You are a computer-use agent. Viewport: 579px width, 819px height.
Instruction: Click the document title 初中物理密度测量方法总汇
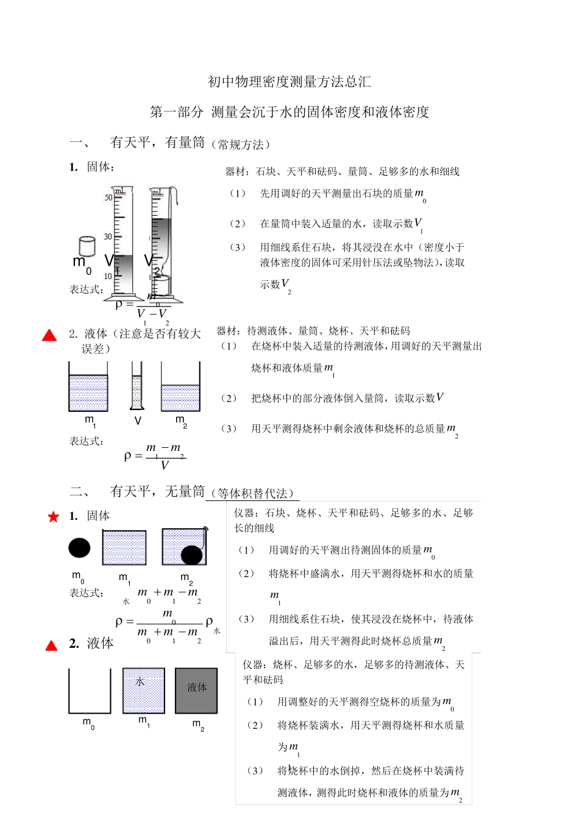pyautogui.click(x=289, y=82)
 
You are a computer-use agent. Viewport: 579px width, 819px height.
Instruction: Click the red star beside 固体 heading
pyautogui.click(x=54, y=517)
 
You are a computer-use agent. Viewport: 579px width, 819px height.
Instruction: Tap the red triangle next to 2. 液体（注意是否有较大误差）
pyautogui.click(x=49, y=335)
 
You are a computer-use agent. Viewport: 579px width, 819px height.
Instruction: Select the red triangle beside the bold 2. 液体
pyautogui.click(x=52, y=645)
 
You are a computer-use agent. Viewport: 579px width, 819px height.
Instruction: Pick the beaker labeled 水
pyautogui.click(x=143, y=690)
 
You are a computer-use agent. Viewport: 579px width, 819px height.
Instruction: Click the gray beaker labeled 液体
pyautogui.click(x=196, y=690)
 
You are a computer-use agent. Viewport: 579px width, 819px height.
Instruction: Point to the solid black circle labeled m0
pyautogui.click(x=79, y=548)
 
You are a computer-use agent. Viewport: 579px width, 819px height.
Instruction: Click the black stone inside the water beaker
pyautogui.click(x=191, y=555)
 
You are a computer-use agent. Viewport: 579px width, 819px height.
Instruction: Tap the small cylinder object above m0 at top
pyautogui.click(x=87, y=246)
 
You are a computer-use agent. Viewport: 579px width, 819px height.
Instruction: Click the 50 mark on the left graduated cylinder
pyautogui.click(x=108, y=197)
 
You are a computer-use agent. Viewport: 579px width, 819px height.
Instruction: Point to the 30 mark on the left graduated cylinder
pyautogui.click(x=108, y=236)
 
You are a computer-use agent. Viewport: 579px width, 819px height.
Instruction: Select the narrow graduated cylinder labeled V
pyautogui.click(x=137, y=386)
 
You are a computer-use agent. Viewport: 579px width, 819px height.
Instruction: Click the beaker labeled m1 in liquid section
pyautogui.click(x=88, y=387)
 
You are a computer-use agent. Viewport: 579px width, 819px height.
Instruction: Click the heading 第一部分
pyautogui.click(x=176, y=112)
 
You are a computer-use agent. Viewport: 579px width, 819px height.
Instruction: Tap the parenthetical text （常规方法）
pyautogui.click(x=240, y=144)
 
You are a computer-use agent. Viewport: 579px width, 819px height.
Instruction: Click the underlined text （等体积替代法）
pyautogui.click(x=252, y=493)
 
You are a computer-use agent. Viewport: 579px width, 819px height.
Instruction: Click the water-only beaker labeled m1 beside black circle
pyautogui.click(x=124, y=547)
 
